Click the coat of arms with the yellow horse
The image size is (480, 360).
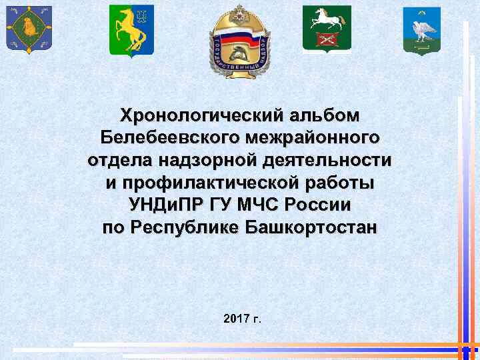pyautogui.click(x=131, y=31)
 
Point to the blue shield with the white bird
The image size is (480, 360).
pyautogui.click(x=421, y=30)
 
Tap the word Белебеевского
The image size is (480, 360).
pyautogui.click(x=170, y=139)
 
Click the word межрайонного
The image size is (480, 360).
pyautogui.click(x=312, y=139)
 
